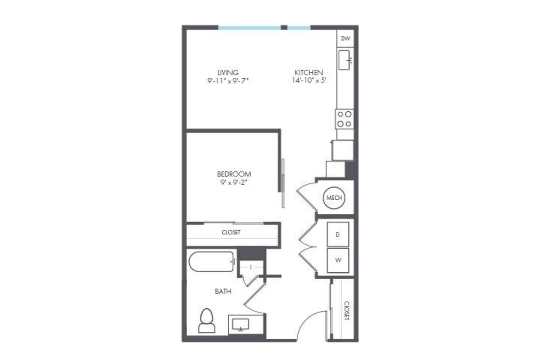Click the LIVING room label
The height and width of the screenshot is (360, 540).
[228, 72]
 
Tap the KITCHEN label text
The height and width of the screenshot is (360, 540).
[308, 72]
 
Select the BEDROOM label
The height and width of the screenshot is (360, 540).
[234, 174]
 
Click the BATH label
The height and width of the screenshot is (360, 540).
[223, 291]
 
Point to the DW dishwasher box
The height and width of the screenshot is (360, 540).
[345, 38]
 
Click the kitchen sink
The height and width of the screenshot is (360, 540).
[345, 60]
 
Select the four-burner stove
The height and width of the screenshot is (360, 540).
[344, 119]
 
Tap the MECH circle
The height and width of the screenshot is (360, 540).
[334, 198]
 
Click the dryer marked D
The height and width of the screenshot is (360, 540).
[338, 234]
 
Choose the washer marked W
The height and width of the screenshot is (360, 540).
[338, 260]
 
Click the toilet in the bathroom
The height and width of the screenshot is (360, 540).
[207, 321]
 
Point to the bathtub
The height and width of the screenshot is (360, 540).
[211, 262]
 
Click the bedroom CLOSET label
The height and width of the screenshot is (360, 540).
[231, 232]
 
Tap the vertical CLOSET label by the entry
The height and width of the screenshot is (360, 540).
[346, 310]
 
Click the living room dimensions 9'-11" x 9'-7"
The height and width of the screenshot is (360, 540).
[228, 81]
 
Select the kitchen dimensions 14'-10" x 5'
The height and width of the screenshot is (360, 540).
[308, 80]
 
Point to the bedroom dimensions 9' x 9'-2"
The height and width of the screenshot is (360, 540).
[234, 183]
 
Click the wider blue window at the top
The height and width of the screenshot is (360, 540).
[249, 27]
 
